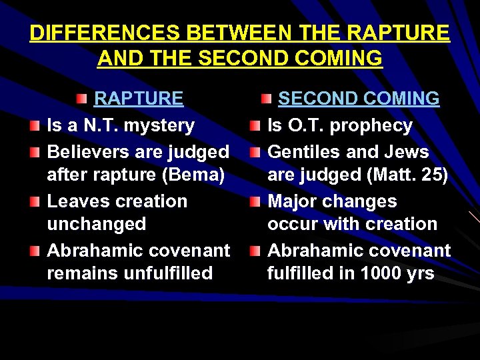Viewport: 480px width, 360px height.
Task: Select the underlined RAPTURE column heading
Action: coord(139,99)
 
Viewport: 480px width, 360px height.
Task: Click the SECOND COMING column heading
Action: coord(359,99)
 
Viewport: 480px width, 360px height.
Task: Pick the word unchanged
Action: coord(97,224)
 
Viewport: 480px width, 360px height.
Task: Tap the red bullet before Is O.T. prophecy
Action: coord(255,127)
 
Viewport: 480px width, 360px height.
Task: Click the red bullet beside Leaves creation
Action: coord(35,202)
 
